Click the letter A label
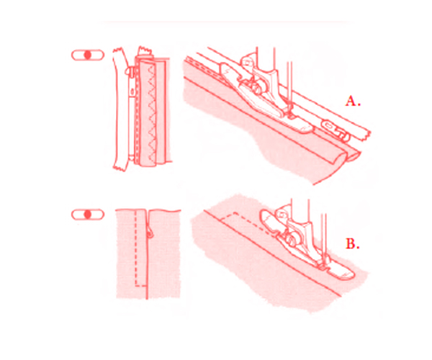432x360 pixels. point(353,101)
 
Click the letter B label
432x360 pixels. point(353,244)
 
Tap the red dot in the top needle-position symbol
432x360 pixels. point(88,55)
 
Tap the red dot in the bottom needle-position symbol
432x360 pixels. point(88,215)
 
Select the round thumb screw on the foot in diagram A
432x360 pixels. point(257,86)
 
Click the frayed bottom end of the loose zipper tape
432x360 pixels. point(120,166)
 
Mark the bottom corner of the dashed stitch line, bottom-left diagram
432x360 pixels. point(136,286)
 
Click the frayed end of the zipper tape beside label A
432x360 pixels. point(364,135)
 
